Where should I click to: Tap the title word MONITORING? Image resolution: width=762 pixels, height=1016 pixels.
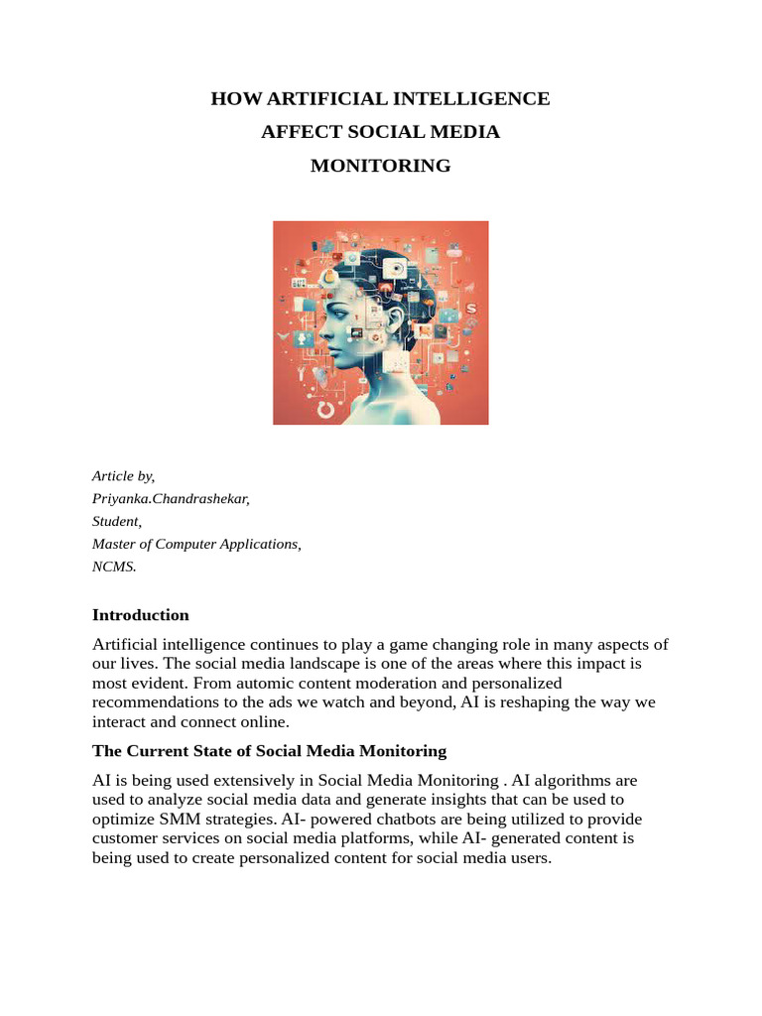coord(381,166)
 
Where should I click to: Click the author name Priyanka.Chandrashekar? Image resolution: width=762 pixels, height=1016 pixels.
coord(171,499)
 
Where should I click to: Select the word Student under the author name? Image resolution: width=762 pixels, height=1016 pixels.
coord(116,521)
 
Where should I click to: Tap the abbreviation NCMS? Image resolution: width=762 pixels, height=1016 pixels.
coord(113,567)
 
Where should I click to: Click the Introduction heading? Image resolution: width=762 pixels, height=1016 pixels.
coord(140,615)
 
